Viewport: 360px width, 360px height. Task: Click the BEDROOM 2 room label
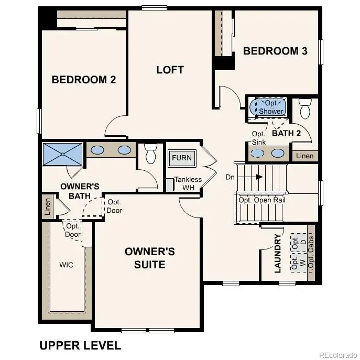84,80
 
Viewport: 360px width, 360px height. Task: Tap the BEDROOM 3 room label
275,51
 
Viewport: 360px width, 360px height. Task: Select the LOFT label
170,70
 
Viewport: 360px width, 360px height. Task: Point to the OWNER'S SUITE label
149,257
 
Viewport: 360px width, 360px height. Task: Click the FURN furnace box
182,157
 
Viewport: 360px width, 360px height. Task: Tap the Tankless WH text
188,183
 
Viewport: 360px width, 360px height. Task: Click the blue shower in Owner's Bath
62,154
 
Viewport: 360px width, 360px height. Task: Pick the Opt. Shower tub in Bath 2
270,107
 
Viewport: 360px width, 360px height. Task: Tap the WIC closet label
66,265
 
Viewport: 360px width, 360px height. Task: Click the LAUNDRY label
278,254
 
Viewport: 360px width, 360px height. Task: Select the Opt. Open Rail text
261,200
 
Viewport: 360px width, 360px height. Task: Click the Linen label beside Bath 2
304,156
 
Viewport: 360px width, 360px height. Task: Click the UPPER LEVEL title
80,345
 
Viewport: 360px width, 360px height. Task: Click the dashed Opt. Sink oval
257,153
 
